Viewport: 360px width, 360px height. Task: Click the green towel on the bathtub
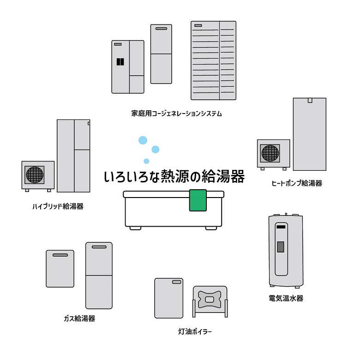coord(197,200)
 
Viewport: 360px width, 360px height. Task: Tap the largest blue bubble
coord(143,140)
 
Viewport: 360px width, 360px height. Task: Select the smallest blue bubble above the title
coord(146,161)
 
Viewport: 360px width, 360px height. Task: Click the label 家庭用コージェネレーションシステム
coord(176,113)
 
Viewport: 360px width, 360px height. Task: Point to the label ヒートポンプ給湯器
coord(297,183)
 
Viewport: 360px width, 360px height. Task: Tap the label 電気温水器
coord(286,299)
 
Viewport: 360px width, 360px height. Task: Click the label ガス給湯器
coord(79,318)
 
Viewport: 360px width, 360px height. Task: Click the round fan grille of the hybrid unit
coord(35,174)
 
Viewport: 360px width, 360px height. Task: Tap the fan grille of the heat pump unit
coord(270,153)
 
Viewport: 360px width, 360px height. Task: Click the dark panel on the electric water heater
coord(280,246)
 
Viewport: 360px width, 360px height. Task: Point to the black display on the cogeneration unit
coord(120,61)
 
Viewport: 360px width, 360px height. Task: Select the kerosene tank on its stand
coord(210,300)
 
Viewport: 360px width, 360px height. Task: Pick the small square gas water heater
coord(60,269)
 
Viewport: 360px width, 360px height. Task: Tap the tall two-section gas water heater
coord(99,275)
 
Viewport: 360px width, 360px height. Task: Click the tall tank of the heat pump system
coord(309,134)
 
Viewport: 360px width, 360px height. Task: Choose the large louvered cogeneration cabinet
coord(213,60)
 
